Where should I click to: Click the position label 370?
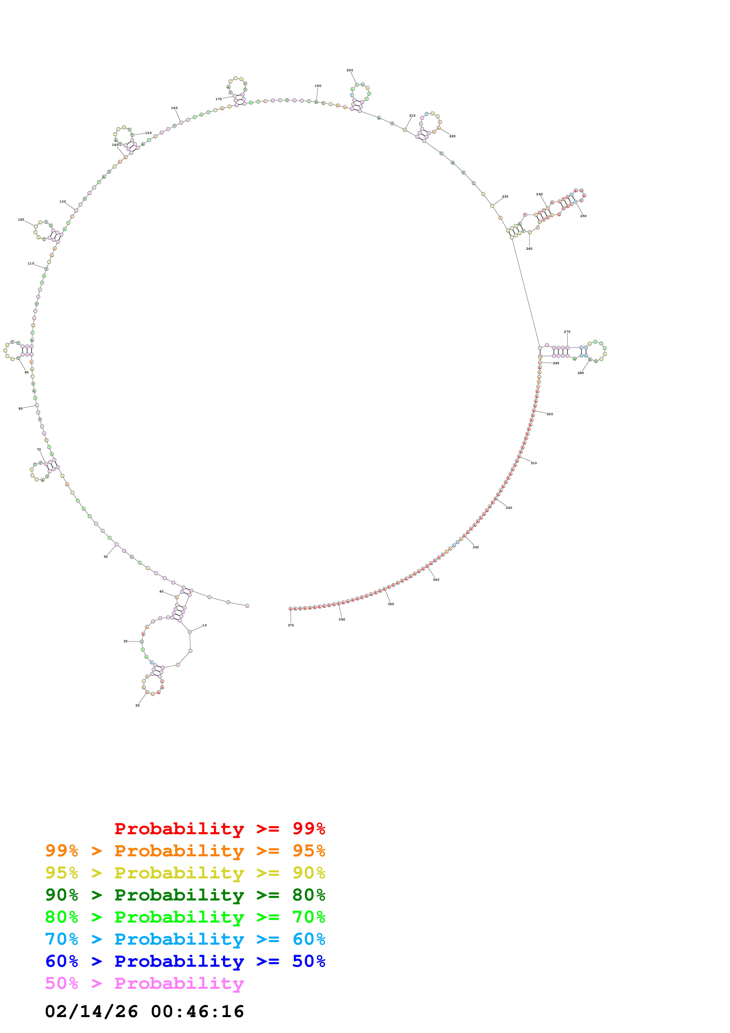click(x=291, y=625)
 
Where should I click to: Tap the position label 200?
click(x=350, y=70)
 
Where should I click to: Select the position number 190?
click(x=318, y=86)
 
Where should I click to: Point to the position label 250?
click(x=583, y=216)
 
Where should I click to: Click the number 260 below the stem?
click(x=529, y=249)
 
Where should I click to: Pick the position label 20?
click(x=138, y=706)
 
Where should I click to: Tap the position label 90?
click(x=27, y=373)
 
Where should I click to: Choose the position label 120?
click(x=21, y=220)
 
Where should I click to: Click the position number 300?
click(x=550, y=414)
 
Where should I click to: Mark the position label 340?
click(x=436, y=580)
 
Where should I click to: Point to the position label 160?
click(x=174, y=108)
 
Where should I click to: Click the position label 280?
click(x=581, y=373)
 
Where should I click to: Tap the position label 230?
click(x=505, y=197)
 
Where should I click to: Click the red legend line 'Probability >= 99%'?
click(x=219, y=829)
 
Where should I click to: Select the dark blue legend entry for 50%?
click(x=185, y=961)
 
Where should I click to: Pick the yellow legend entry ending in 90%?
click(x=185, y=873)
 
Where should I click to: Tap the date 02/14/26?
click(x=91, y=1012)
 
